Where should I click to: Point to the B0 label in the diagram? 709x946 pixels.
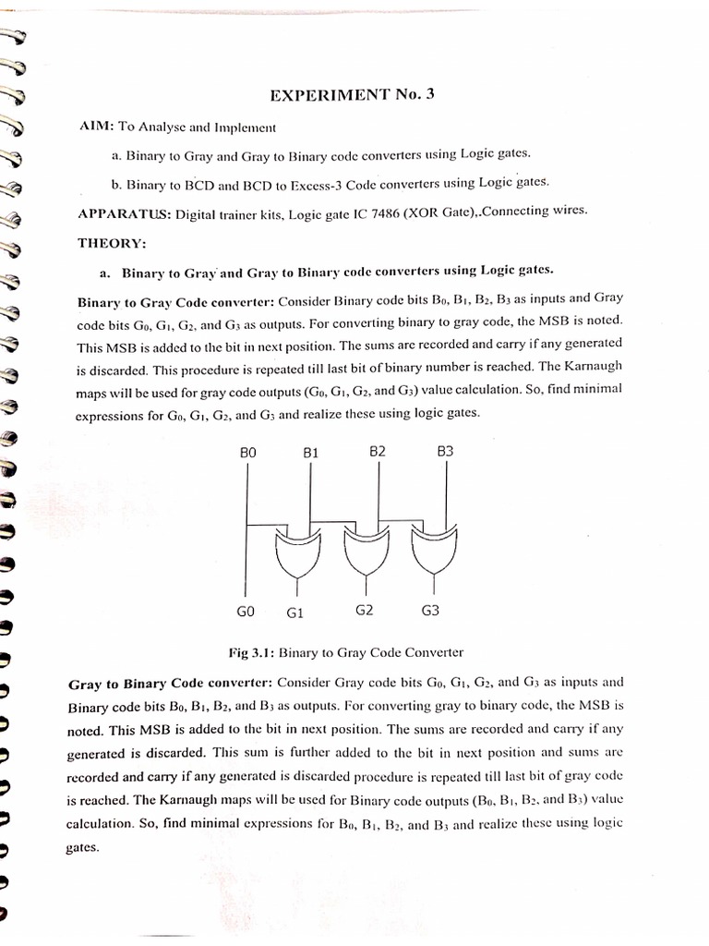247,453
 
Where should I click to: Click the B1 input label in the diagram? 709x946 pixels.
310,453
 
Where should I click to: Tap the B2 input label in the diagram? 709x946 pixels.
377,452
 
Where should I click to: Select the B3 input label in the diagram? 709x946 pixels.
445,452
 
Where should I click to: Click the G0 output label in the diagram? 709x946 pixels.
246,611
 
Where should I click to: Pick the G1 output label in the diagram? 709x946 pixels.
295,612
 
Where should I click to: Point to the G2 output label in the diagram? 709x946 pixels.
364,610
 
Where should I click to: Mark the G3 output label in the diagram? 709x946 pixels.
430,611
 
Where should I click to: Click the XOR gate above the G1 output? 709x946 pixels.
297,552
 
